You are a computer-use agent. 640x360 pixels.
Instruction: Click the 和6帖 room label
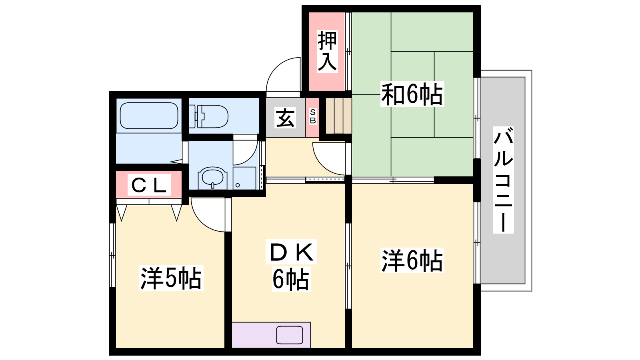point(412,94)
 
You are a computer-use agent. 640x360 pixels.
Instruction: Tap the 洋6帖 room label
point(412,260)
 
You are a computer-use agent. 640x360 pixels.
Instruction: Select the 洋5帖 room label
point(171,278)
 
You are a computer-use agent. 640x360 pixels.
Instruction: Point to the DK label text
point(291,252)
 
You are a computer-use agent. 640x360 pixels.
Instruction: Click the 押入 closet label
point(328,52)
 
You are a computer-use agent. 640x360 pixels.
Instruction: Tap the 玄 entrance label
point(285,118)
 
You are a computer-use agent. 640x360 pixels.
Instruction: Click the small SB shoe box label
point(313,116)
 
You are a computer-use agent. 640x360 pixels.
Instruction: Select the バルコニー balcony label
point(504,180)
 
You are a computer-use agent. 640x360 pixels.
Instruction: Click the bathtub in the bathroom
point(149,116)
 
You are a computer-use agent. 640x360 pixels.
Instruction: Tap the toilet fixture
point(208,116)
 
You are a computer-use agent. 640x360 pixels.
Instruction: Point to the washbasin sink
point(212,177)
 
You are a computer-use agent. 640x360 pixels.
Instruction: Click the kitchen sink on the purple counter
point(290,335)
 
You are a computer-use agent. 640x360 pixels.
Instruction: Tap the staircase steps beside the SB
point(338,116)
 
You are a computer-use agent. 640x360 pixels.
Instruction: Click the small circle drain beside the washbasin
point(238,185)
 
